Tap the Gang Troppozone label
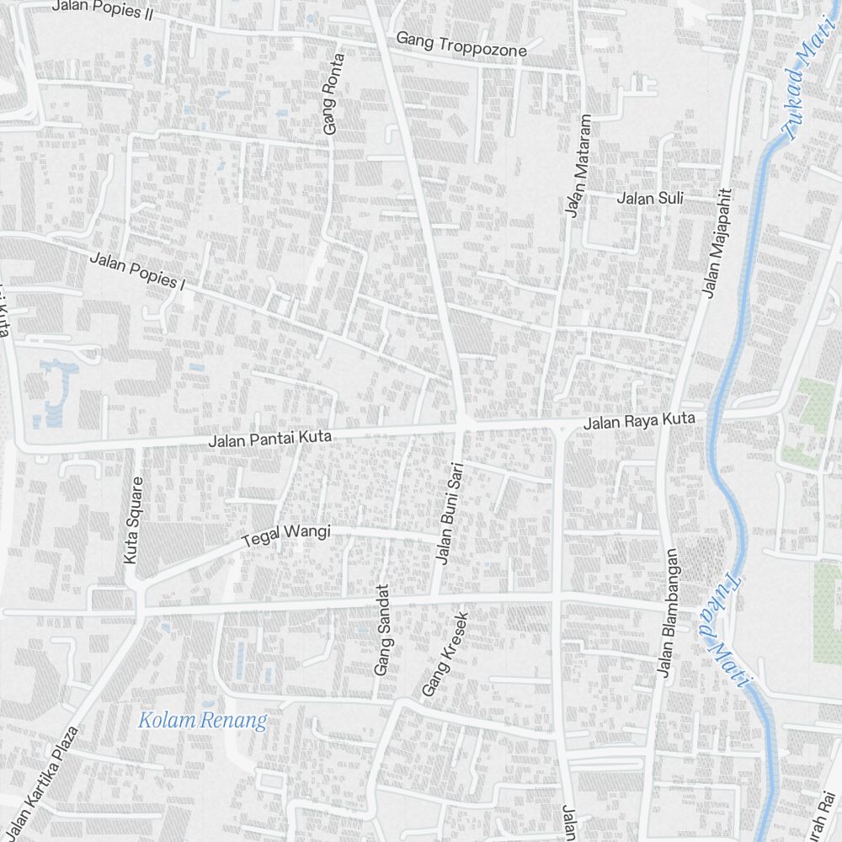[461, 45]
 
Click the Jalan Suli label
[650, 199]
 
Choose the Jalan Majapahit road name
[717, 242]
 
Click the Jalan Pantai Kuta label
[270, 438]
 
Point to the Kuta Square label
[133, 520]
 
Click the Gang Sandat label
[384, 630]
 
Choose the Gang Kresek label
[445, 653]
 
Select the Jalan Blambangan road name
[669, 613]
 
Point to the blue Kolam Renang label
[202, 721]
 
